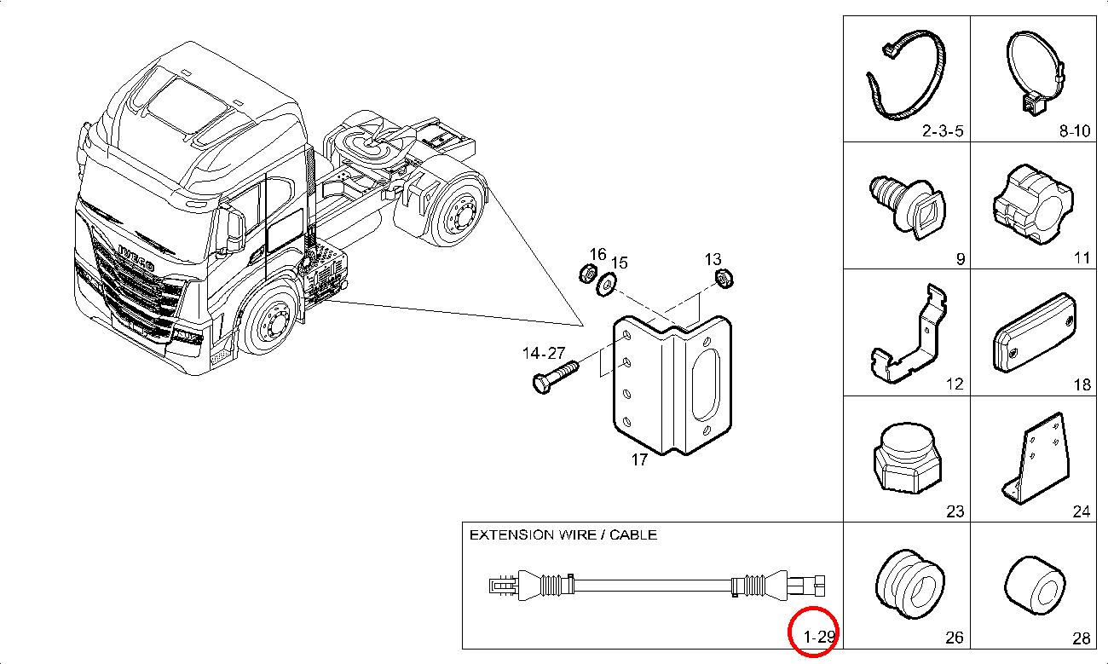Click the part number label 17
point(639,460)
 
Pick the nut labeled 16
point(586,274)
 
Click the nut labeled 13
point(724,278)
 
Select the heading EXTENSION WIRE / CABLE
point(563,535)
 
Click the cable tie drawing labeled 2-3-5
point(906,77)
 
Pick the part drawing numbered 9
point(904,205)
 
